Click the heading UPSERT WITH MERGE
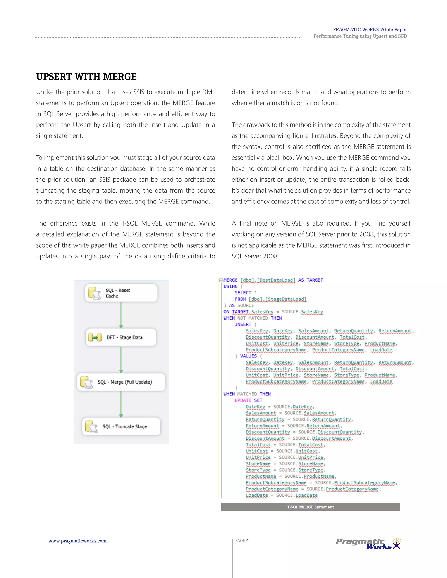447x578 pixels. click(x=86, y=77)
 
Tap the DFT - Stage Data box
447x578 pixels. click(x=121, y=337)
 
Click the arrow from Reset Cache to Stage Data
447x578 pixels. click(x=121, y=315)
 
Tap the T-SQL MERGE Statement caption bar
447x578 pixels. click(x=310, y=507)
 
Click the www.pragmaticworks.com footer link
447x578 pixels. click(x=77, y=541)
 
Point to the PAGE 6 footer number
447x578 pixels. click(x=242, y=540)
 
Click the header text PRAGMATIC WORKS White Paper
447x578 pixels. click(x=370, y=30)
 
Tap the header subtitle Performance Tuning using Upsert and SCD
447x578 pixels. click(x=360, y=36)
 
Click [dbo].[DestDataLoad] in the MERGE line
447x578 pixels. click(x=268, y=280)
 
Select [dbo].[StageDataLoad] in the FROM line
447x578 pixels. click(x=278, y=299)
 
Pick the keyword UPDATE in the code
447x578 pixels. click(x=242, y=400)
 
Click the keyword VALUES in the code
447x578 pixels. click(x=248, y=356)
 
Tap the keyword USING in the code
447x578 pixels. click(x=230, y=286)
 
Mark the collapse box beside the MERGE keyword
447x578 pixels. click(x=221, y=280)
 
